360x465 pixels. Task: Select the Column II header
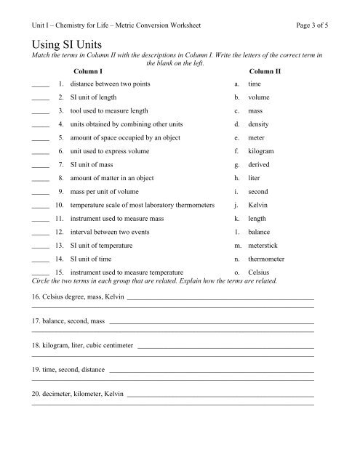pos(265,72)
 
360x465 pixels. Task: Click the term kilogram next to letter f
pos(262,151)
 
